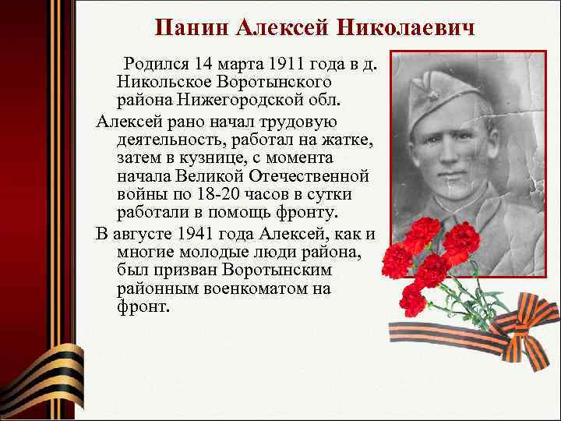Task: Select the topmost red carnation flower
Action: (x=422, y=232)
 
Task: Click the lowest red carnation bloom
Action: (x=412, y=299)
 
